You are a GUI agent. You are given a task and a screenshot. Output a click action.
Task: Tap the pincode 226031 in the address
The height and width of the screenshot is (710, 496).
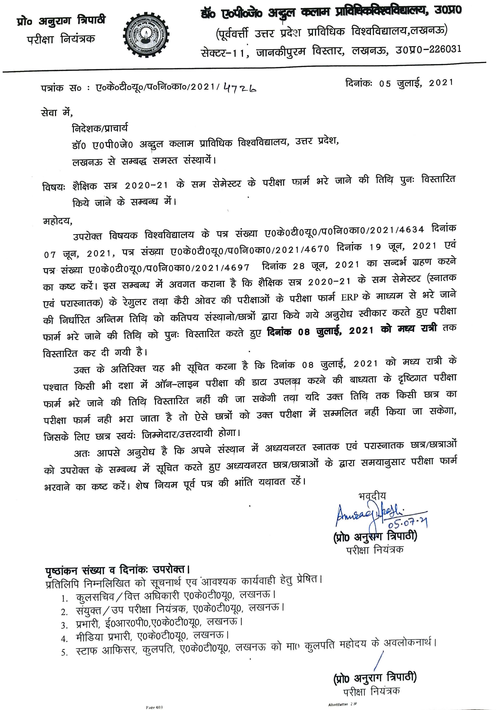pyautogui.click(x=444, y=49)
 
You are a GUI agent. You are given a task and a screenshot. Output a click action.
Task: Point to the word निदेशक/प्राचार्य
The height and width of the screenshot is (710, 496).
pyautogui.click(x=99, y=128)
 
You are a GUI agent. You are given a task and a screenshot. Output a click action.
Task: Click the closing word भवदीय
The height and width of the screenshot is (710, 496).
pyautogui.click(x=372, y=496)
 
